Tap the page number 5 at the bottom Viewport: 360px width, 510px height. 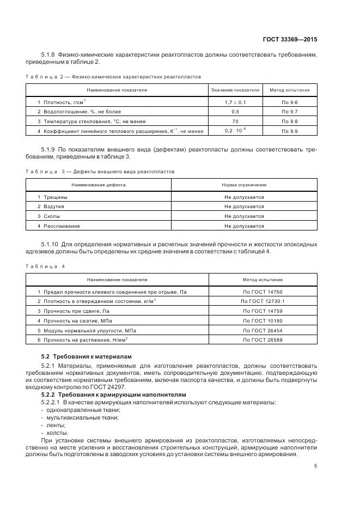[x=316, y=466]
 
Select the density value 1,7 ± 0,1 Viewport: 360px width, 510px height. [x=235, y=102]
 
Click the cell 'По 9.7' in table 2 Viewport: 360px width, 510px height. [x=290, y=112]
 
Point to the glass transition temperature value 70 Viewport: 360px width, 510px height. [x=235, y=122]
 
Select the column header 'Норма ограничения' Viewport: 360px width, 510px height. [x=244, y=185]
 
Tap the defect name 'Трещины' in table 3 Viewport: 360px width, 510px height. [x=56, y=197]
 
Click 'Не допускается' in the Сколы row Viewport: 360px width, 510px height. [x=244, y=216]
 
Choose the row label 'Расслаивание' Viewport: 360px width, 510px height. [x=62, y=226]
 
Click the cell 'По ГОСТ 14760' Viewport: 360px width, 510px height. [x=263, y=292]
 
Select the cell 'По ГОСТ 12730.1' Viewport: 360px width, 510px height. [x=263, y=301]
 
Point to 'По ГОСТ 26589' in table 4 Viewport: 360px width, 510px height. [x=263, y=340]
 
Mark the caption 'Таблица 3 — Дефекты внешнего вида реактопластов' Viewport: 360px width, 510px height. [x=100, y=172]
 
